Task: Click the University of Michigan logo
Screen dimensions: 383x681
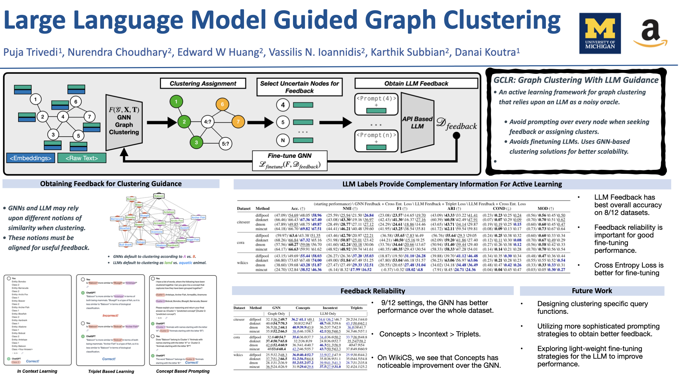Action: pos(600,33)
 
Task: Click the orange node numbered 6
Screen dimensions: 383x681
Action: pos(222,104)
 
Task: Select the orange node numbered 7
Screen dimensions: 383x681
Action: pos(238,122)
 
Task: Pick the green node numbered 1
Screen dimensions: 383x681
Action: pos(176,102)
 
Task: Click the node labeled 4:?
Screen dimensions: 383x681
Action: pos(207,122)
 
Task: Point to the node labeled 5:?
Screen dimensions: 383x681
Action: pos(226,144)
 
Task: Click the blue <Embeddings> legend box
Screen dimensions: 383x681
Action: pos(31,158)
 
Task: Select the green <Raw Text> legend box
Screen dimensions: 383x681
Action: pos(82,158)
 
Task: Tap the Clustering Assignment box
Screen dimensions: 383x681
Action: pos(203,83)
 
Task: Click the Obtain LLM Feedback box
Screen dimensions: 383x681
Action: pos(416,83)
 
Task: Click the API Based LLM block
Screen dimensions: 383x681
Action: pos(417,122)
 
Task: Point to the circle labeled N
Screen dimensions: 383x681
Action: pos(283,140)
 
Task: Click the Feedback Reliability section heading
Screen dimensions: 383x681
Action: pos(372,291)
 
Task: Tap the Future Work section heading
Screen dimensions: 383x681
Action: pos(592,291)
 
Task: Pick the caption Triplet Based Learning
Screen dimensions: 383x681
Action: pos(111,371)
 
